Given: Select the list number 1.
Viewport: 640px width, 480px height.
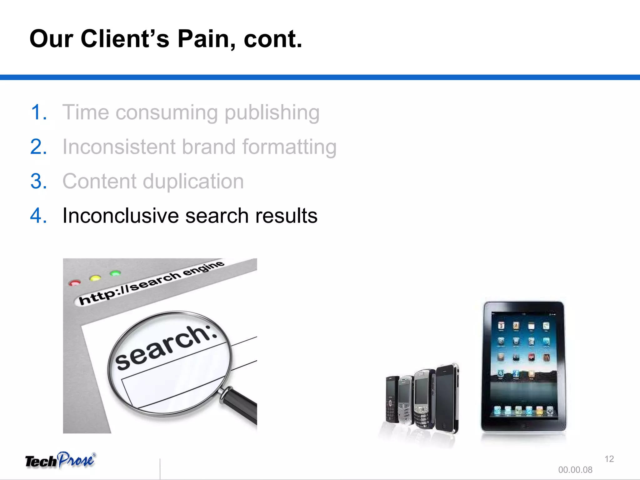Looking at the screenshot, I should pyautogui.click(x=39, y=112).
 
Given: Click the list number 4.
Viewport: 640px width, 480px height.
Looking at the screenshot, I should pyautogui.click(x=39, y=216).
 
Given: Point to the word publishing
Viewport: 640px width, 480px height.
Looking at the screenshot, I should pyautogui.click(x=272, y=113).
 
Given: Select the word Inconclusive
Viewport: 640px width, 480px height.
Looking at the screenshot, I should pyautogui.click(x=120, y=216).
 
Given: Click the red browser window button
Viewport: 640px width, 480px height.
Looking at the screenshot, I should pyautogui.click(x=75, y=283).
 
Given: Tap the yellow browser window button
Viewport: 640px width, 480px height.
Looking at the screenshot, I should pyautogui.click(x=95, y=278).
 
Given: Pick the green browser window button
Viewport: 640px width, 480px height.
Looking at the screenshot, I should pyautogui.click(x=115, y=273).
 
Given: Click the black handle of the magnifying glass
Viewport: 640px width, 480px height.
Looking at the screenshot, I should pyautogui.click(x=242, y=406).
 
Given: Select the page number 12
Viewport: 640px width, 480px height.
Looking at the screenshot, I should pyautogui.click(x=609, y=459).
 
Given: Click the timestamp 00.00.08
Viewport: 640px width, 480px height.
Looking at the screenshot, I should pyautogui.click(x=575, y=470).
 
